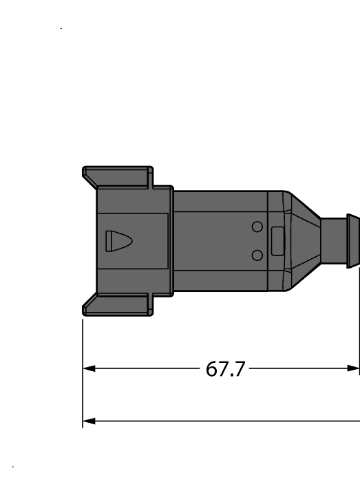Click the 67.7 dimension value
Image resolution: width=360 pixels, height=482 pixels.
pos(225,370)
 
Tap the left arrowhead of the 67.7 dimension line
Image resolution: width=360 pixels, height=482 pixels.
pos(89,368)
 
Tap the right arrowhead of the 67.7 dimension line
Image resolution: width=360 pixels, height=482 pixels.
pos(354,368)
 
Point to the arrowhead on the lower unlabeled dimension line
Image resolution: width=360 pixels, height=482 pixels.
pos(89,420)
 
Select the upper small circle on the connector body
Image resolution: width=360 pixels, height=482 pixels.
pos(257,227)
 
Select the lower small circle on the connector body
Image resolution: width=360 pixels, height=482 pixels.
pos(257,255)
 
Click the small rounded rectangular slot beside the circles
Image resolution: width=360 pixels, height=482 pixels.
pos(278,240)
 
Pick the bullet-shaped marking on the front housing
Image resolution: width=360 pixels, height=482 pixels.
pos(118,241)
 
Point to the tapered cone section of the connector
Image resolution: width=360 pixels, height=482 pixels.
pos(303,240)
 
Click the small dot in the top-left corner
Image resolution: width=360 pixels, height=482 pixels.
pos(62,28)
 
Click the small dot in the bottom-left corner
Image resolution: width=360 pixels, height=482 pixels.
pos(13,468)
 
